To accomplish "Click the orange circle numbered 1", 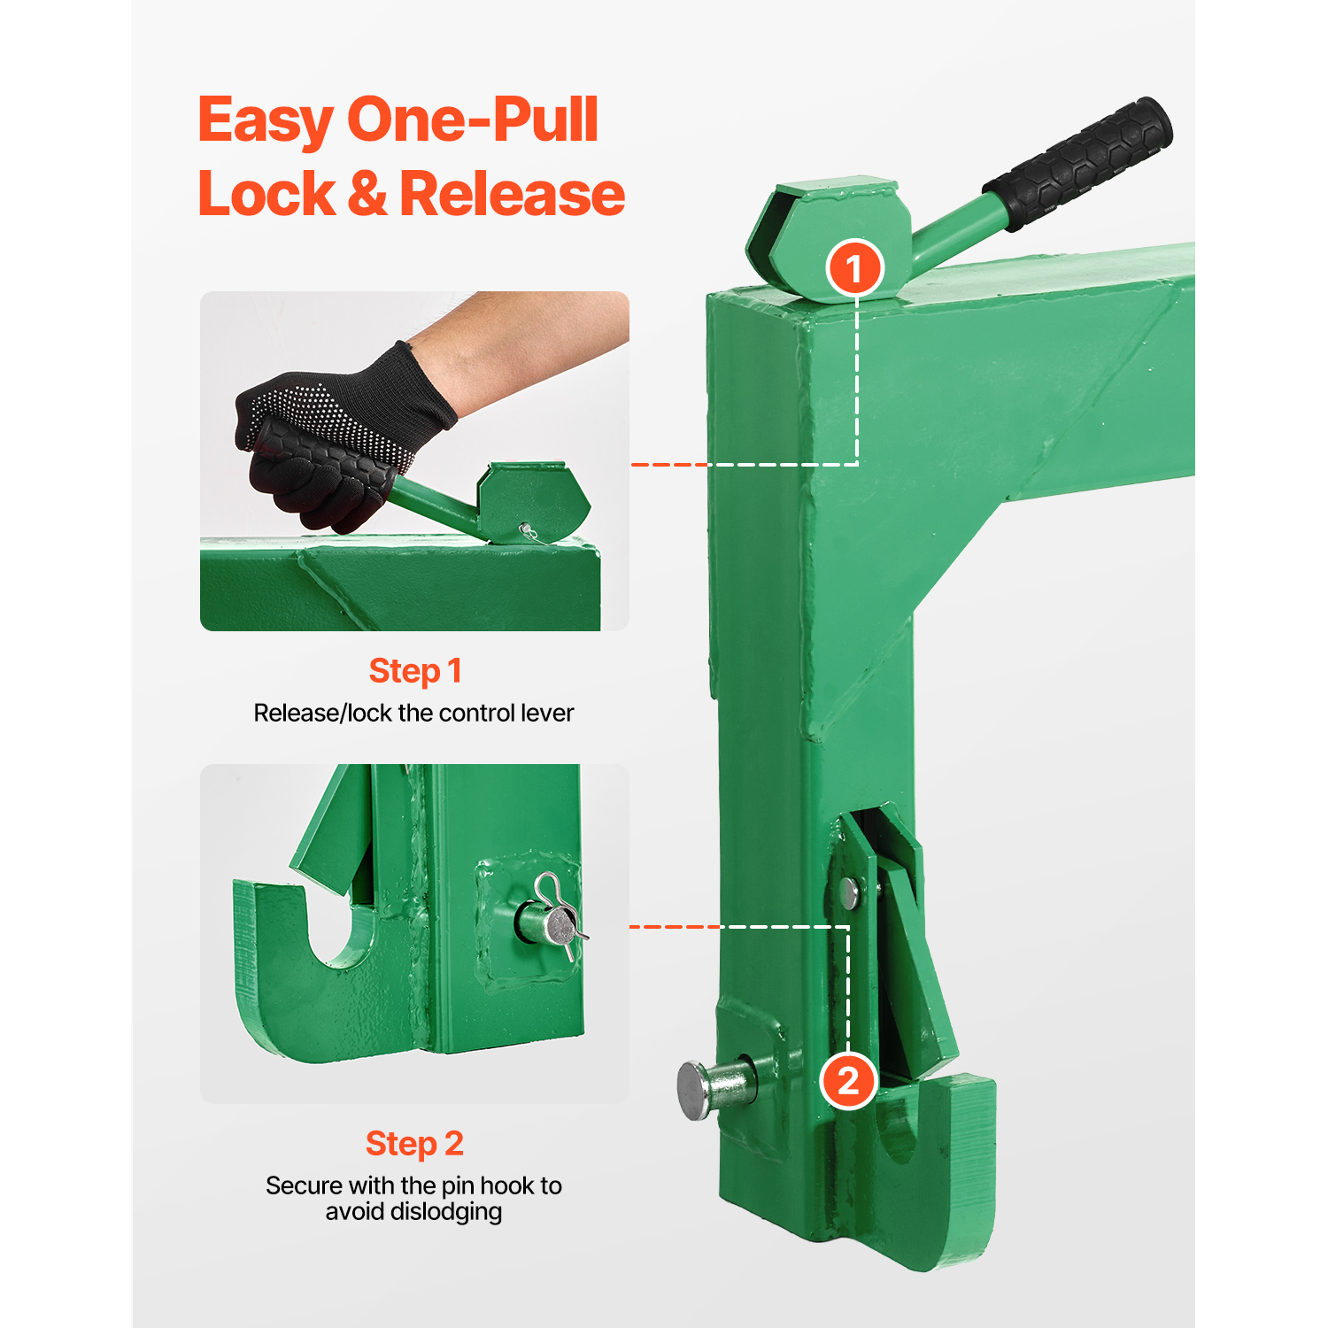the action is (854, 268).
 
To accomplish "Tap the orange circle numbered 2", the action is (848, 1081).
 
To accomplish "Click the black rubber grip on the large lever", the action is (1078, 164).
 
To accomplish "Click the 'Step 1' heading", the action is (415, 671).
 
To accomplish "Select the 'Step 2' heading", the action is (414, 1144).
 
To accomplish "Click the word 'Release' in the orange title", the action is (513, 194).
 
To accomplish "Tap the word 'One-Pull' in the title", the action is (473, 120).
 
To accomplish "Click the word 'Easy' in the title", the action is (266, 122).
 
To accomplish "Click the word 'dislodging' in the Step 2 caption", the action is (413, 1212).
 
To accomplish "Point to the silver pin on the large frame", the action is (717, 1086).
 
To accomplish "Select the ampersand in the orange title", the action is (367, 194).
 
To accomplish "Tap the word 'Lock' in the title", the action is (266, 194).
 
